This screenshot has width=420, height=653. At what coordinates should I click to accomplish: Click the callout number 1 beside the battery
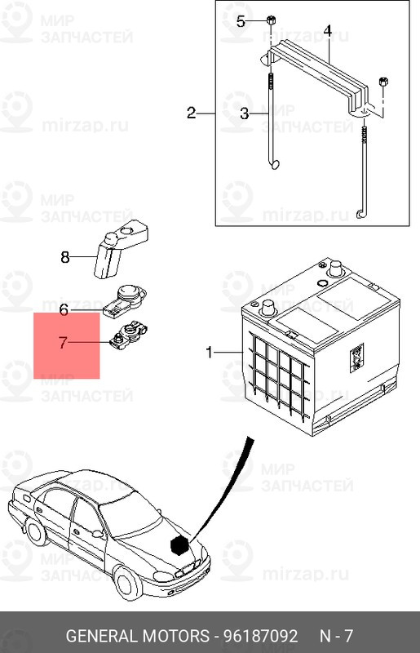click(x=209, y=353)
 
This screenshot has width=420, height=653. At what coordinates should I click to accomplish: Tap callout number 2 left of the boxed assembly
click(x=191, y=113)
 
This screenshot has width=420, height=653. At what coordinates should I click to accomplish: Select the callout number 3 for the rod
click(x=245, y=113)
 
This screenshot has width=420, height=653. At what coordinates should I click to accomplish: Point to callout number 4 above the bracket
click(x=328, y=31)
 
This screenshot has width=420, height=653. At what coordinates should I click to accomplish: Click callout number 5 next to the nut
click(x=241, y=21)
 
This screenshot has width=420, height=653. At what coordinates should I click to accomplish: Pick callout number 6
click(x=64, y=310)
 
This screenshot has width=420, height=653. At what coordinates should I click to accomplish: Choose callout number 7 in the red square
click(x=63, y=343)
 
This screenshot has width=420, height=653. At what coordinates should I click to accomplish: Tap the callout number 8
click(x=65, y=257)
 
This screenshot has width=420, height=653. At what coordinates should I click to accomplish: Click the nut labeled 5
click(x=270, y=19)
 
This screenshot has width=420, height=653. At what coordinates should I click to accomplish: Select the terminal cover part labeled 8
click(x=121, y=250)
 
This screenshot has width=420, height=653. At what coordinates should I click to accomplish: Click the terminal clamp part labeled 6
click(x=126, y=300)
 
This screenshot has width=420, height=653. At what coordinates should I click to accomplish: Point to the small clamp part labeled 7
click(x=129, y=335)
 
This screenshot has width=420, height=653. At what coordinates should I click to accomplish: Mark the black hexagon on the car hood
click(x=179, y=545)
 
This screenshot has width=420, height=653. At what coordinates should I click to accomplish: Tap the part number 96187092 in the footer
click(x=261, y=636)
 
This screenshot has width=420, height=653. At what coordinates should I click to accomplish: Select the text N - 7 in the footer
click(x=336, y=636)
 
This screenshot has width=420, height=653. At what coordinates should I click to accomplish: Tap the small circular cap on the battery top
click(x=322, y=283)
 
